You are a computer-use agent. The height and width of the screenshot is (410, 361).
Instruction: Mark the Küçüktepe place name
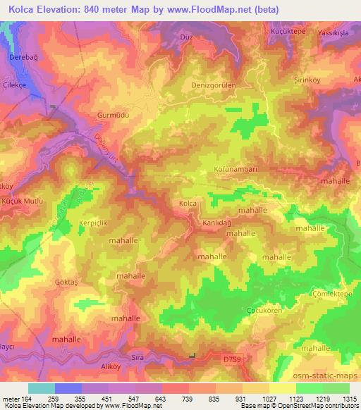click(x=286, y=32)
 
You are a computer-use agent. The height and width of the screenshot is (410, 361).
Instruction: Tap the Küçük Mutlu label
click(x=22, y=201)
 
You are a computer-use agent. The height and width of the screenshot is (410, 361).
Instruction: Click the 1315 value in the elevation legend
click(x=348, y=398)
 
